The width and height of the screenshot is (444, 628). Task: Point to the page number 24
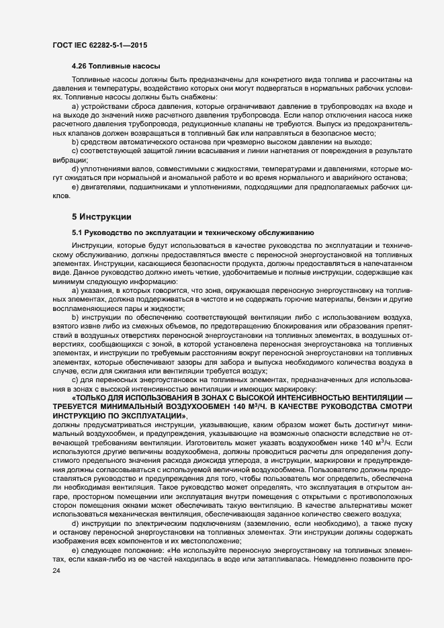[x=56, y=571]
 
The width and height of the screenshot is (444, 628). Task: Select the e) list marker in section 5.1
[x=76, y=549]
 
